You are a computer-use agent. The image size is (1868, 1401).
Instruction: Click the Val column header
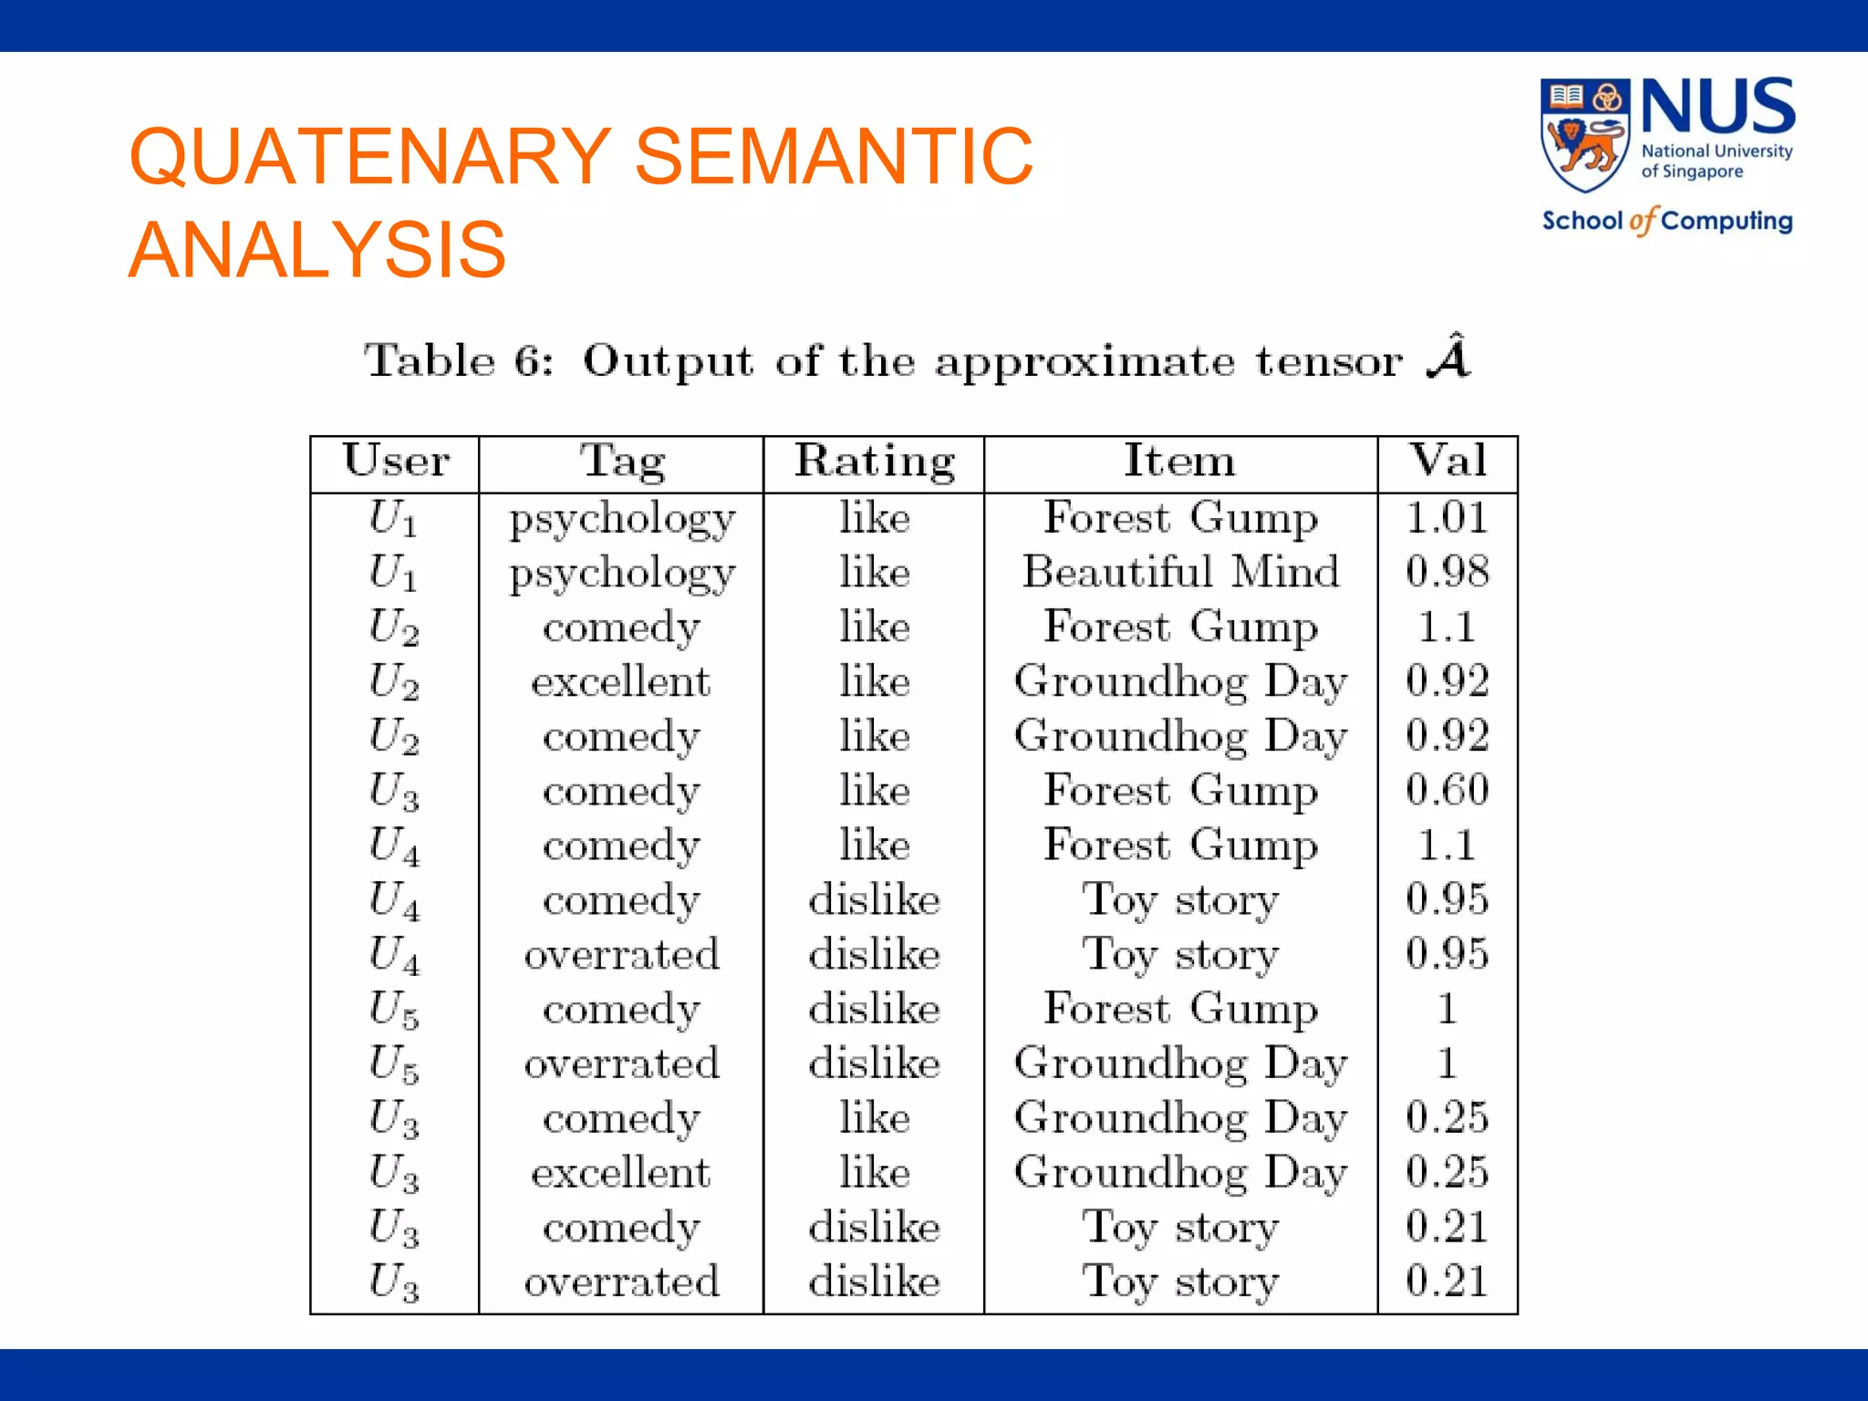point(1448,460)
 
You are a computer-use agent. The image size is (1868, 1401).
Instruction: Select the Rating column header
point(874,460)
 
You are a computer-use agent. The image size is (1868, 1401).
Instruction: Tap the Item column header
point(1179,460)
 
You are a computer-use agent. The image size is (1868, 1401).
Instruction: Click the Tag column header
point(622,460)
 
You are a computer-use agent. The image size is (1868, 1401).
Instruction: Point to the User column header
point(396,460)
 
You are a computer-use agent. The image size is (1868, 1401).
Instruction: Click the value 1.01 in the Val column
point(1447,518)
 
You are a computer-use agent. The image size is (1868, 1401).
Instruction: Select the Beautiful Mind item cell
point(1180,572)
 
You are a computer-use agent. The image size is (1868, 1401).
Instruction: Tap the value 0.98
point(1447,572)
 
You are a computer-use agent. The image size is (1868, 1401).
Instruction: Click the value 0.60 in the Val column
point(1447,790)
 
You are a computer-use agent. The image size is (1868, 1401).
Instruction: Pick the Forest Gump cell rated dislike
point(1180,1009)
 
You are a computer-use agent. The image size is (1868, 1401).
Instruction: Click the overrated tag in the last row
point(622,1282)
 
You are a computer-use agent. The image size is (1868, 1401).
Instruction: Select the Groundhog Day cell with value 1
point(1180,1064)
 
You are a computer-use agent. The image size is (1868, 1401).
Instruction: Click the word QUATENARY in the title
point(370,156)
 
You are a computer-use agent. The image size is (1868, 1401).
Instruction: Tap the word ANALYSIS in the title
point(317,250)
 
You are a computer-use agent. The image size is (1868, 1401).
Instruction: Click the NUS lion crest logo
point(1585,135)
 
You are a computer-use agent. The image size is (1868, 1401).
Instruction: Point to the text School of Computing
point(1666,221)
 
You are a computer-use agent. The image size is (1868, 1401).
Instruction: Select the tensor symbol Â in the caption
point(1448,358)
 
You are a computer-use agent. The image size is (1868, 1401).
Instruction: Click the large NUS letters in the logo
point(1718,107)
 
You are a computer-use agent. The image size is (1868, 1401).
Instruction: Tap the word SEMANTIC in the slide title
point(833,156)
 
